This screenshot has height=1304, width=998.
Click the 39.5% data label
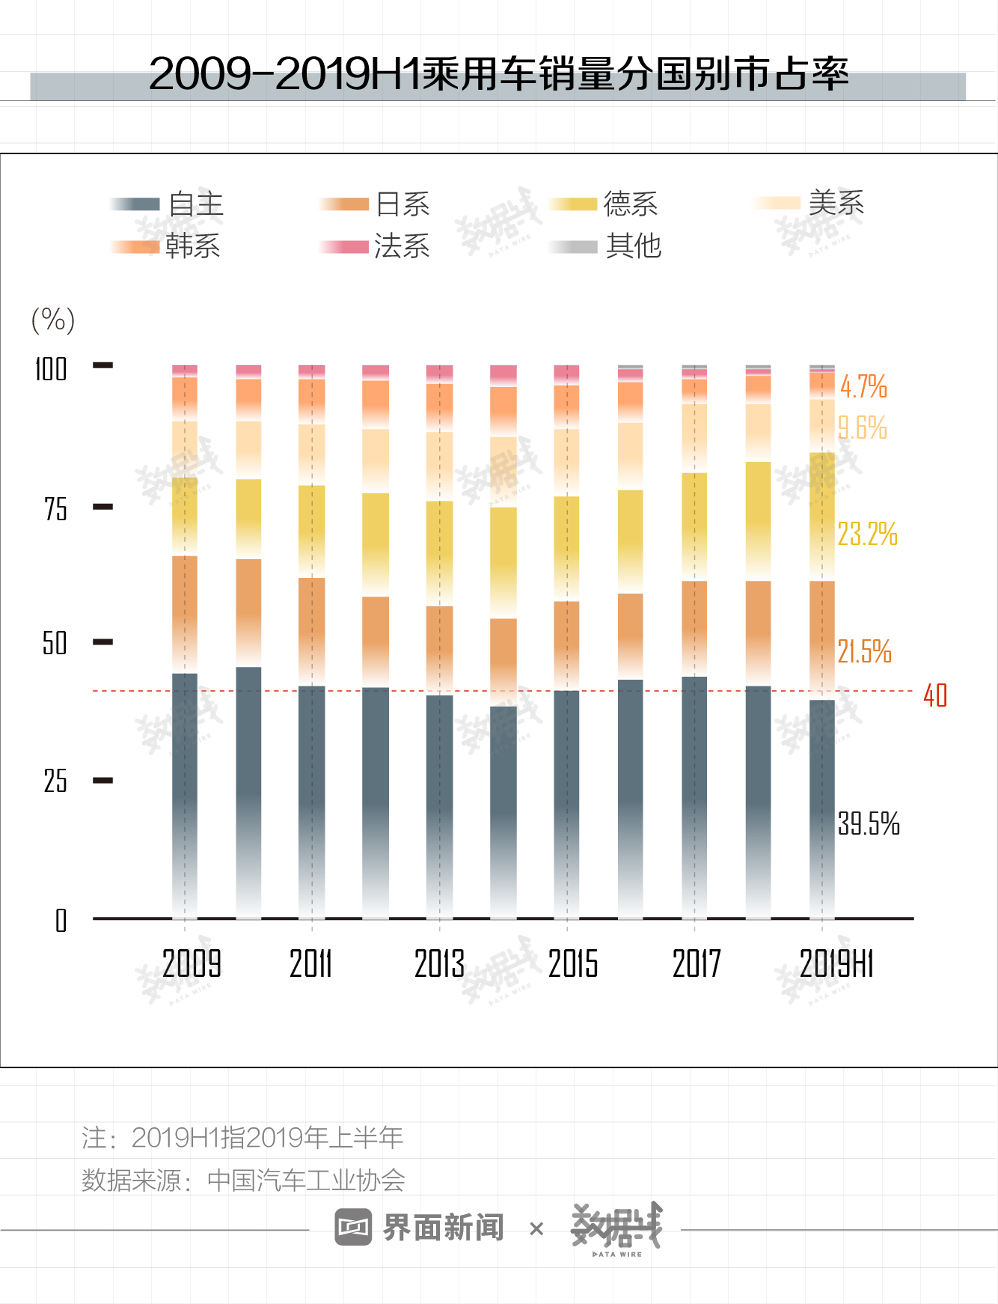pyautogui.click(x=868, y=823)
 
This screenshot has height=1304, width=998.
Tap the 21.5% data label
pyautogui.click(x=864, y=651)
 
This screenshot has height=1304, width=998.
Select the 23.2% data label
pyautogui.click(x=867, y=534)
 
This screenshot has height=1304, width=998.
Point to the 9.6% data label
pyautogui.click(x=863, y=428)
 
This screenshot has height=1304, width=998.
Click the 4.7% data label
pyautogui.click(x=863, y=387)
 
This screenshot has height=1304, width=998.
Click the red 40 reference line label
pyautogui.click(x=935, y=695)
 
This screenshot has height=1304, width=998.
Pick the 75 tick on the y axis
pyautogui.click(x=55, y=509)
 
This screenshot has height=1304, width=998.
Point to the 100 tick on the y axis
pyautogui.click(x=51, y=369)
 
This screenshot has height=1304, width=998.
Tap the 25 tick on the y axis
pyautogui.click(x=55, y=781)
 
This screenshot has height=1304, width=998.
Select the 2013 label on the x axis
pyautogui.click(x=439, y=963)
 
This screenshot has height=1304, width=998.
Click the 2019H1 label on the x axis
pyautogui.click(x=836, y=963)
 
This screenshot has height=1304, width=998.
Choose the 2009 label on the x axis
pyautogui.click(x=192, y=963)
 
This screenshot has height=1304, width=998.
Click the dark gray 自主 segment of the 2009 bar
pyautogui.click(x=185, y=793)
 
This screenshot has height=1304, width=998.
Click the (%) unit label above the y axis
pyautogui.click(x=53, y=320)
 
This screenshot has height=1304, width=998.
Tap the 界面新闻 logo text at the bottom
pyautogui.click(x=443, y=1228)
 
